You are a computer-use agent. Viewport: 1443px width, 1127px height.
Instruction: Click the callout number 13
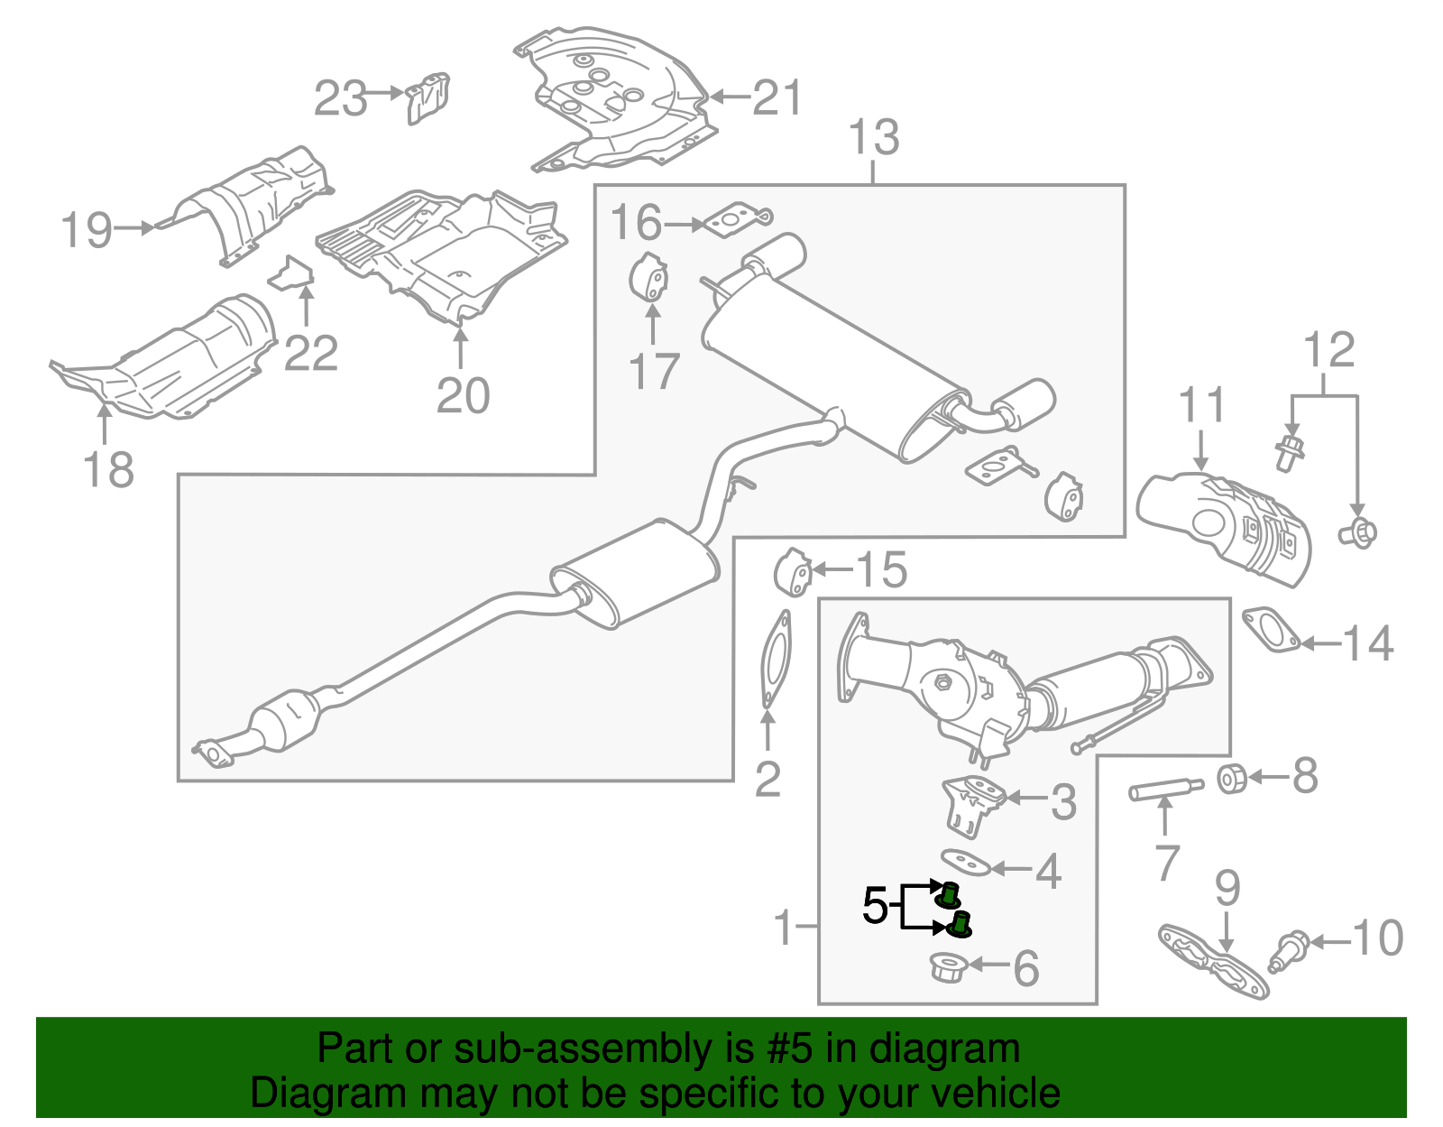pyautogui.click(x=874, y=138)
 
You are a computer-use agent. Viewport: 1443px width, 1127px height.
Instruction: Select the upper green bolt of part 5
pyautogui.click(x=948, y=895)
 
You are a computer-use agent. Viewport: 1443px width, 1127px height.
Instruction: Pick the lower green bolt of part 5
pyautogui.click(x=961, y=924)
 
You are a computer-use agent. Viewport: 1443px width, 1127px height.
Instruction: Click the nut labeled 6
pyautogui.click(x=949, y=968)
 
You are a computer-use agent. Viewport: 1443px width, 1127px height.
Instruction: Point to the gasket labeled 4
pyautogui.click(x=966, y=862)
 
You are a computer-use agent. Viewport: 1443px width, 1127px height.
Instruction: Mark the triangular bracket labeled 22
pyautogui.click(x=291, y=273)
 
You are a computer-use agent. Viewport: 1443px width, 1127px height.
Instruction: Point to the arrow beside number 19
pyautogui.click(x=135, y=228)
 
